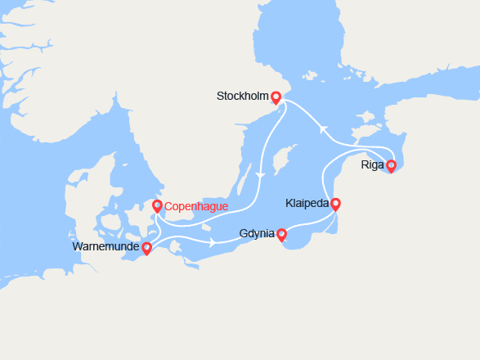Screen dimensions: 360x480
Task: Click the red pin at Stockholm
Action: [276, 97]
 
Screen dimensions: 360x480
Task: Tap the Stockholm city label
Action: [242, 97]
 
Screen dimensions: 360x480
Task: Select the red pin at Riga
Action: [391, 166]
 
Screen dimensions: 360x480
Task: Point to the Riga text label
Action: [372, 165]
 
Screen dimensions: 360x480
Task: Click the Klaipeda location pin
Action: [334, 204]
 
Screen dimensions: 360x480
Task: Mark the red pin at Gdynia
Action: [282, 235]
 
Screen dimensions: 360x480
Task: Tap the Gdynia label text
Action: [257, 234]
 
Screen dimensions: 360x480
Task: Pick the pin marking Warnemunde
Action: [147, 248]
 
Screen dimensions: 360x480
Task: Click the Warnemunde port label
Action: [106, 246]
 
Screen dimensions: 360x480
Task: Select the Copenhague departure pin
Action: [157, 207]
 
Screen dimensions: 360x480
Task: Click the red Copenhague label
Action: [195, 207]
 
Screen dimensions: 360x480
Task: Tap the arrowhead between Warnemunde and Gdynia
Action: [213, 242]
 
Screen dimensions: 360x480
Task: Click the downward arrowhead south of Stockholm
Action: [260, 175]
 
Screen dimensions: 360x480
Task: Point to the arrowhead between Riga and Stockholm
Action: [323, 128]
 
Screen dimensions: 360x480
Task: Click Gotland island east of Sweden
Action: [283, 155]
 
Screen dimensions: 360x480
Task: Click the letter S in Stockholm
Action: [220, 97]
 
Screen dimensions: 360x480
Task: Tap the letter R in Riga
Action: [365, 165]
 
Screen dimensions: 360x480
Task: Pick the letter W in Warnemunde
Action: [77, 246]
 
